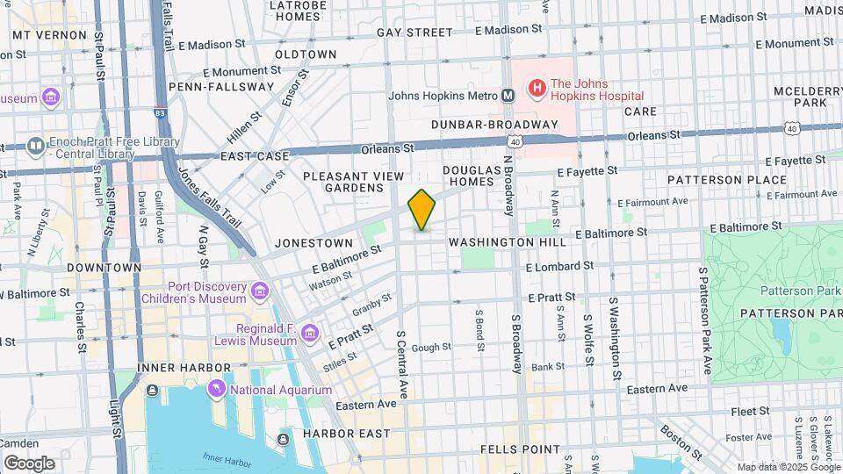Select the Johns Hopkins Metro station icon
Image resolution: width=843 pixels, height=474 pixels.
coord(508,95)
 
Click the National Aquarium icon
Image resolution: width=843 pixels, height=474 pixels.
coord(216,389)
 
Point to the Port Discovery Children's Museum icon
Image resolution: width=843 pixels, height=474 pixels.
coord(259,291)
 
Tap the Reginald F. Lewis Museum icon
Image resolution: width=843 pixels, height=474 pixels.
coord(309,333)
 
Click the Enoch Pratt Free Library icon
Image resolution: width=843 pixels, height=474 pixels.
coord(36,146)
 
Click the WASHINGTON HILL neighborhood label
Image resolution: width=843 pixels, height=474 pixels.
coord(502,241)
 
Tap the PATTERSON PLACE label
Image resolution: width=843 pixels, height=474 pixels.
coord(714,179)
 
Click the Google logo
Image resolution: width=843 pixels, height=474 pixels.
coord(29,463)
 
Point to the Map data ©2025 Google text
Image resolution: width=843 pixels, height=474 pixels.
coord(789,467)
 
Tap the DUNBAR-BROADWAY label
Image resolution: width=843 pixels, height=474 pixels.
coord(494,125)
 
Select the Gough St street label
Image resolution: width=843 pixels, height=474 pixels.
coord(431,348)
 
